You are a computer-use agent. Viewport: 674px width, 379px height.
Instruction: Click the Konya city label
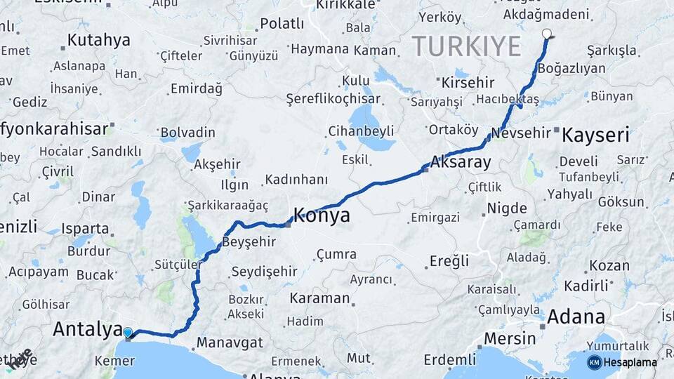click(x=322, y=215)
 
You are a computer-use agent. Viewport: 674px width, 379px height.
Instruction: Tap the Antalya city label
click(x=87, y=328)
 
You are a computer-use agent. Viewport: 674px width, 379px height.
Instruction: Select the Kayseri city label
click(x=595, y=135)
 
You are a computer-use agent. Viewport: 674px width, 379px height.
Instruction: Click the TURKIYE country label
click(x=466, y=46)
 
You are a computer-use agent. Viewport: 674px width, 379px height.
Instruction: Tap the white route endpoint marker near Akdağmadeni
click(x=547, y=33)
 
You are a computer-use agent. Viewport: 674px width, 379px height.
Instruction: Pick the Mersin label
click(x=510, y=338)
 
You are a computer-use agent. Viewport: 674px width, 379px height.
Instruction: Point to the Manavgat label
click(x=230, y=343)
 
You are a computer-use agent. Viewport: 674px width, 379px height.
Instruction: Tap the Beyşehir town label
click(x=246, y=241)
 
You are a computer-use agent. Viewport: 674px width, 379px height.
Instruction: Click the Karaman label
click(x=319, y=298)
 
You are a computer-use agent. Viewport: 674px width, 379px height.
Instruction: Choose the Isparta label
click(x=85, y=229)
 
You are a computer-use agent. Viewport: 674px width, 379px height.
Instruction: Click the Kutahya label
click(x=99, y=40)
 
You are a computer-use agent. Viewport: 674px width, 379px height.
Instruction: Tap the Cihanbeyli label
click(x=361, y=131)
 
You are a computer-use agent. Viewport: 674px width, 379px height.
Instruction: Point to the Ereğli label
click(x=449, y=261)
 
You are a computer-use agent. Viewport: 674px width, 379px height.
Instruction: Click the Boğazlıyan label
click(x=571, y=69)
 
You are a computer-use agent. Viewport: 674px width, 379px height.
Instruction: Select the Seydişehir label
click(x=264, y=271)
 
